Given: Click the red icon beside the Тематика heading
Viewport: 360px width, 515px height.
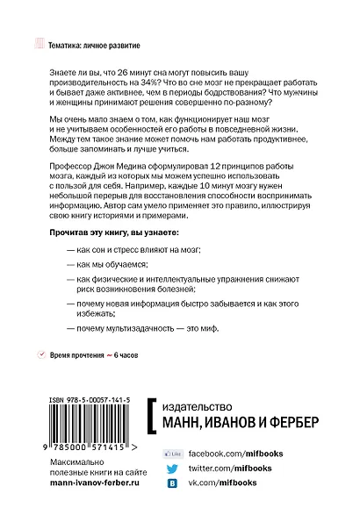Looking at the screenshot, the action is coord(36,42).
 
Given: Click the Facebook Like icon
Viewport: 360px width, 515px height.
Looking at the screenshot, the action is coord(173,454).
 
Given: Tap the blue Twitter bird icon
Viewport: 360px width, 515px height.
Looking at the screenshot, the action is coord(173,469).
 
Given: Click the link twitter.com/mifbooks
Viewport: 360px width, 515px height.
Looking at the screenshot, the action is coord(229,469).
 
